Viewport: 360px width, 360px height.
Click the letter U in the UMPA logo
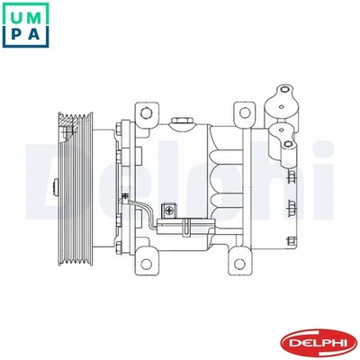pyautogui.click(x=16, y=15)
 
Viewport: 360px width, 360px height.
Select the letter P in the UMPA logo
pyautogui.click(x=16, y=39)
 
